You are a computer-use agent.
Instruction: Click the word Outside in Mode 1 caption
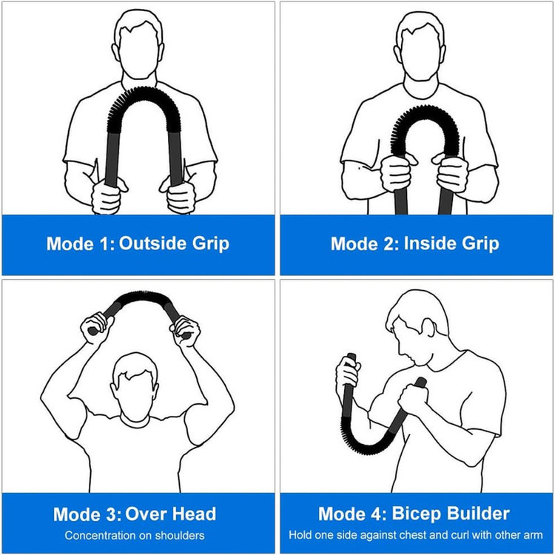coord(152,243)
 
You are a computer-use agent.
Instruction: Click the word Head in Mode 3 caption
coord(194,514)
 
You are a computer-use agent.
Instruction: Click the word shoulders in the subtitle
coord(180,535)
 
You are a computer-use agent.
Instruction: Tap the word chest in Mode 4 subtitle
coord(424,535)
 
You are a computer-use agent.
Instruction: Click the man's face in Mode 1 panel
coord(139,53)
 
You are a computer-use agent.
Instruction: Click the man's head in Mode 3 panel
coord(135,386)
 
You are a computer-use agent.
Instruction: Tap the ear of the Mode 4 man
coord(428,327)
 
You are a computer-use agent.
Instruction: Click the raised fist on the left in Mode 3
coord(95,328)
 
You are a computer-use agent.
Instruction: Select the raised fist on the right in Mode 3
coord(186,332)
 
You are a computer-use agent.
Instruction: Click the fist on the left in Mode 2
coord(397,172)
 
